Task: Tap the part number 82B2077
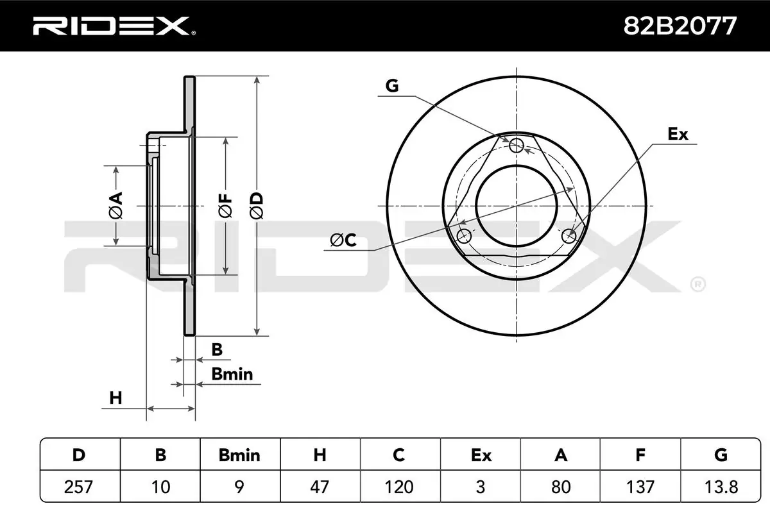click(x=680, y=26)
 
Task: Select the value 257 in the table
click(x=79, y=487)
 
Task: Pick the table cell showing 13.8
click(x=721, y=487)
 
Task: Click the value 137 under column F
click(x=640, y=487)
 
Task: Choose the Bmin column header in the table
click(x=239, y=455)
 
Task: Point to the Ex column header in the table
click(x=480, y=455)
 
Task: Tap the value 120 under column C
click(x=399, y=487)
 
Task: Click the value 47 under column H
click(x=320, y=487)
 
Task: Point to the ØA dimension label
click(x=116, y=205)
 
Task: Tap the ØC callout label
click(x=343, y=240)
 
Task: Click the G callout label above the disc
click(x=392, y=86)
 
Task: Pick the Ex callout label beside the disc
click(x=678, y=134)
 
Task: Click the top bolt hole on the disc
click(x=517, y=146)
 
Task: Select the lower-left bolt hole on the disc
click(x=463, y=237)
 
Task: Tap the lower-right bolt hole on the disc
click(x=569, y=237)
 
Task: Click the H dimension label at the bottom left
click(x=116, y=398)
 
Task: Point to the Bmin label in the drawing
click(x=233, y=374)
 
